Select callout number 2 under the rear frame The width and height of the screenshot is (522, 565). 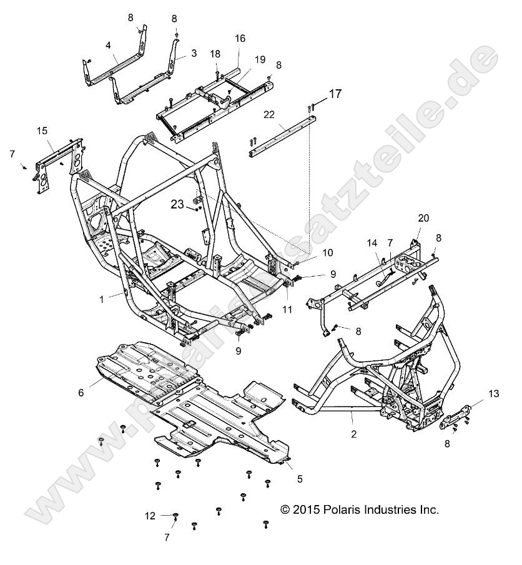[353, 433]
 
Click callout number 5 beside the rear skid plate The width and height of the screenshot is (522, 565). [300, 479]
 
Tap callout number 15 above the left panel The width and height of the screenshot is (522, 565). [42, 130]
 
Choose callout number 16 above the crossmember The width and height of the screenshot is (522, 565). [240, 39]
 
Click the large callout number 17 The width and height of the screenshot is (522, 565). [335, 94]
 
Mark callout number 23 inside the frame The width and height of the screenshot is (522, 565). [177, 204]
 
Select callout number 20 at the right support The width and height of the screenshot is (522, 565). [423, 218]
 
